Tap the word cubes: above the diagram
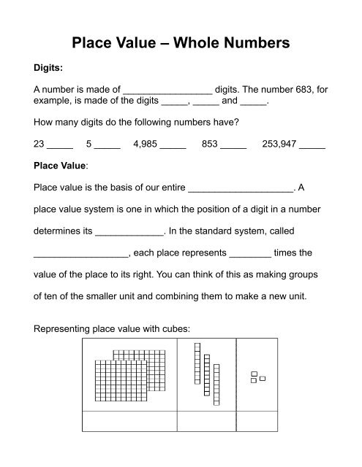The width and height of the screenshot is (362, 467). click(175, 328)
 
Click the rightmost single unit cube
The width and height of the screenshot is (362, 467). click(263, 378)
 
